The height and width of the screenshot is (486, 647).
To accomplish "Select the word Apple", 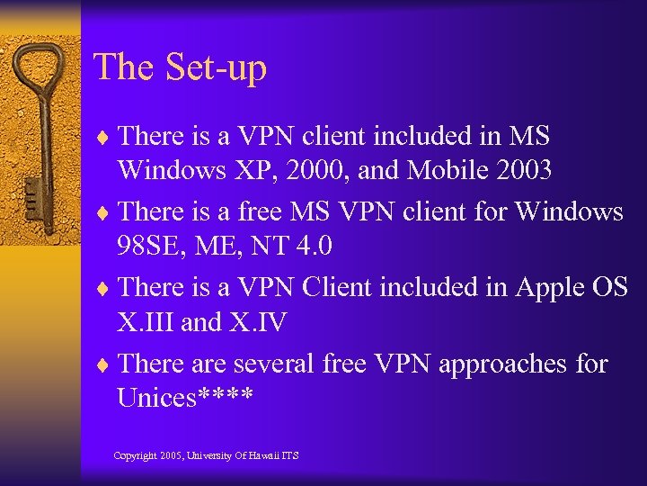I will (550, 287).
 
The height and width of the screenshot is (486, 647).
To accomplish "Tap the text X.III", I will (146, 322).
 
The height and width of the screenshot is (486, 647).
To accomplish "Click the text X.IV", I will (258, 322).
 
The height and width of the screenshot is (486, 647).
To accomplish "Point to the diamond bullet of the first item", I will (105, 138).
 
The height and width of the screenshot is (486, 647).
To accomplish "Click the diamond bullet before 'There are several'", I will (105, 365).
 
